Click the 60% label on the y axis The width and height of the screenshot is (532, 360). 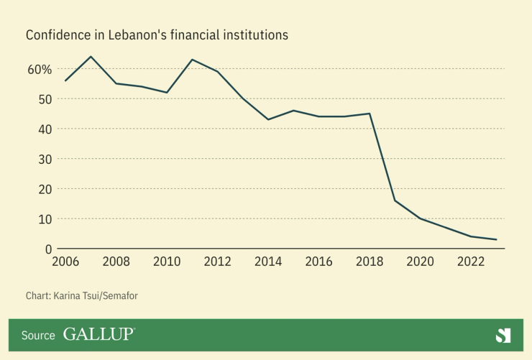click(x=40, y=70)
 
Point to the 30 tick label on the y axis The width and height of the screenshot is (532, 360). click(x=45, y=159)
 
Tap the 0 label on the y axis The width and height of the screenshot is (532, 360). click(x=48, y=249)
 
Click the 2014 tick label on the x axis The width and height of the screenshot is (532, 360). click(x=268, y=261)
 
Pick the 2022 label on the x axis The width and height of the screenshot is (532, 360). click(x=470, y=261)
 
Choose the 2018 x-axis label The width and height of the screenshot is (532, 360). click(x=369, y=261)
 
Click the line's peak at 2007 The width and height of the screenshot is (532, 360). click(x=91, y=57)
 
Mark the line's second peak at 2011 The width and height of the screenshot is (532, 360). click(x=192, y=60)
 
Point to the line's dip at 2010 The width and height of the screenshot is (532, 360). click(x=167, y=93)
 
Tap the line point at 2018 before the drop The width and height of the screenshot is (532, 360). click(x=370, y=114)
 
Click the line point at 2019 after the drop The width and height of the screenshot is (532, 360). click(x=395, y=200)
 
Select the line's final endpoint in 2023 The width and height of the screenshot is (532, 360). click(x=496, y=239)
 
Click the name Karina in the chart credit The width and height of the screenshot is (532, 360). click(x=70, y=295)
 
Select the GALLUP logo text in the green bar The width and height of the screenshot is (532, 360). click(x=98, y=335)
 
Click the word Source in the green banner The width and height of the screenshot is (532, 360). click(x=38, y=336)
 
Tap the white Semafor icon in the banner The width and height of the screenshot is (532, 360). click(x=503, y=335)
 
